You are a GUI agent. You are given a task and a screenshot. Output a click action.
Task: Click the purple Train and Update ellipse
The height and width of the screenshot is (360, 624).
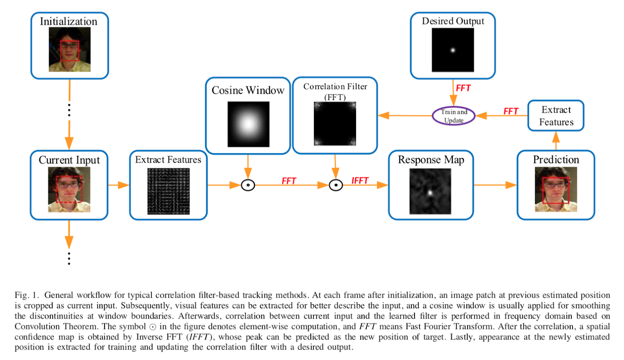[454, 116]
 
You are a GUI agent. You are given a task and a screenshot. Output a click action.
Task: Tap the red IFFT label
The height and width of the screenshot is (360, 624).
[360, 181]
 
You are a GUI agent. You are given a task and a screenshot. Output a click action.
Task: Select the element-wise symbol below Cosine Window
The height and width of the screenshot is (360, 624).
[248, 185]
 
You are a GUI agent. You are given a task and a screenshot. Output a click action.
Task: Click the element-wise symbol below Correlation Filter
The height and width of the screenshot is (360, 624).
[335, 185]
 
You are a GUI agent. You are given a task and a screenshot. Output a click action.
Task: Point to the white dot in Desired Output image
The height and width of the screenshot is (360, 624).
[453, 50]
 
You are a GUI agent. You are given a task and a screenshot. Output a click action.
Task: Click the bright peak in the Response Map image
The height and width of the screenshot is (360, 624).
[430, 192]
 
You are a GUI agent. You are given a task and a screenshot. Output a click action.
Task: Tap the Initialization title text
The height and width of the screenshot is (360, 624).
[69, 21]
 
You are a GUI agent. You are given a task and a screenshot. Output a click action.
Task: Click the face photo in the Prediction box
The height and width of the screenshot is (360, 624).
[556, 190]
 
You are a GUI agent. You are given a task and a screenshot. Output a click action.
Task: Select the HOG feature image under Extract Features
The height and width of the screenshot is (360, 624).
[168, 191]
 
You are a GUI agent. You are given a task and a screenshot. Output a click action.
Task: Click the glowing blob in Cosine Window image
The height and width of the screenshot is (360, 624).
[248, 124]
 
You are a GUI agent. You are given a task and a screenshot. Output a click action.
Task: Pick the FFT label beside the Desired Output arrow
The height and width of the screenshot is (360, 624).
[463, 88]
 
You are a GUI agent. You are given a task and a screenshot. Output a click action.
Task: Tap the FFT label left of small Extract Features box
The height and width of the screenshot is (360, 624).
[511, 111]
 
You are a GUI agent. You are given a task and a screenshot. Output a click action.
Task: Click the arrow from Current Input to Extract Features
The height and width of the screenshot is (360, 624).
[119, 185]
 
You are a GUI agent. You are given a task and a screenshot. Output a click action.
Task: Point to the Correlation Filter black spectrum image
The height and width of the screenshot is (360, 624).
[335, 124]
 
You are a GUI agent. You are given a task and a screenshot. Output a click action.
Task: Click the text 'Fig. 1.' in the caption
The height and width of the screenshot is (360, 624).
[27, 295]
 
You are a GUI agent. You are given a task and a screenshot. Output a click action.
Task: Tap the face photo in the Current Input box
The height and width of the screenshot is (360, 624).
[69, 190]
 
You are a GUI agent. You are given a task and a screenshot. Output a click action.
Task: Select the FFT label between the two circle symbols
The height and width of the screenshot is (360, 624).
[289, 181]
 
